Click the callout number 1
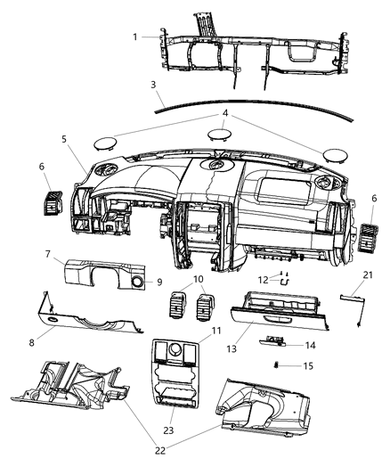tap(136, 37)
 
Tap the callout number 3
tap(153, 85)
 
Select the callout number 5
tap(64, 139)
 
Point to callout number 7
tap(47, 255)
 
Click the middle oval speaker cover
tap(216, 135)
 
